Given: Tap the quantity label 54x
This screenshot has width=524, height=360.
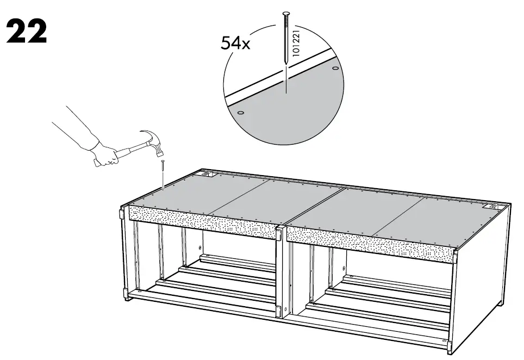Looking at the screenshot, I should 235,43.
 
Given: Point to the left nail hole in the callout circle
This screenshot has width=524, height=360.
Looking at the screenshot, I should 241,112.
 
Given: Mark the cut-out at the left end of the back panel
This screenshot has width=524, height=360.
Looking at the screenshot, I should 208,175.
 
